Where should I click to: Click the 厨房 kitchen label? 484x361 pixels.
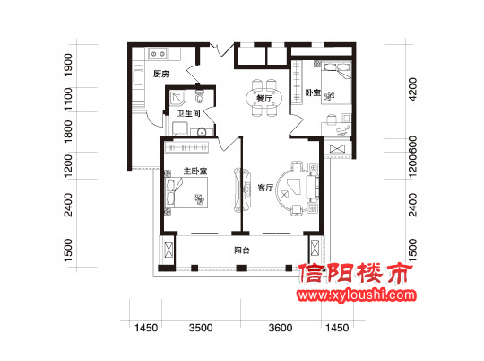[161, 74]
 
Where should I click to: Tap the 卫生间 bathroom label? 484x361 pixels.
[188, 113]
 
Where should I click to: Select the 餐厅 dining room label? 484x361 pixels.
[264, 99]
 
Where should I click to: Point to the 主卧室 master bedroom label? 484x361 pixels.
[195, 171]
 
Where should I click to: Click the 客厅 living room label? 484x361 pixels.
[265, 188]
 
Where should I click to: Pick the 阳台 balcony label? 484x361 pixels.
[242, 250]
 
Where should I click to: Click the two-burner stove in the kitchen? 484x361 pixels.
[158, 54]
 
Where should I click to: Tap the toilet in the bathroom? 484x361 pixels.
[200, 96]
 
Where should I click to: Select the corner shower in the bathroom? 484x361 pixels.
[178, 98]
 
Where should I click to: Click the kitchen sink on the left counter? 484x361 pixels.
[138, 75]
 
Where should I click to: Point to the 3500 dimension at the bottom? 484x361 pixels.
[201, 328]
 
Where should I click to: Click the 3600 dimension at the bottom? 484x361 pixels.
[281, 328]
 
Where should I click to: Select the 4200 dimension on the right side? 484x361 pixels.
[412, 89]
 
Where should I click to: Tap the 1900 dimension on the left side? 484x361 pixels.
[68, 65]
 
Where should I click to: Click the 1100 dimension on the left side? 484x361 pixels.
[68, 99]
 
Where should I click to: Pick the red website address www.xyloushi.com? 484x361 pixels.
[357, 295]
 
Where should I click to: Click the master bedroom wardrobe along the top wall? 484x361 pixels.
[187, 147]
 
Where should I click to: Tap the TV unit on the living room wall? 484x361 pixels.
[238, 189]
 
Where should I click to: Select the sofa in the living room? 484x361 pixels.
[313, 189]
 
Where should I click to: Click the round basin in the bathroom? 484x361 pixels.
[202, 132]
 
